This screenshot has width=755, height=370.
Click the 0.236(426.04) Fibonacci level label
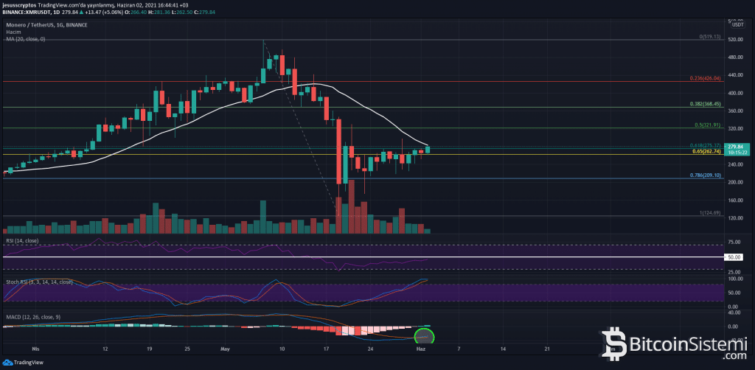click(x=704, y=78)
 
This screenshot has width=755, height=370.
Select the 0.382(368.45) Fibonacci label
click(x=704, y=104)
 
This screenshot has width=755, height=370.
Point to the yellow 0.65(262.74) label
click(x=705, y=151)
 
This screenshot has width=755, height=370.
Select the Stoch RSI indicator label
click(x=38, y=282)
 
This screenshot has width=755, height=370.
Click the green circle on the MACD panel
click(x=424, y=336)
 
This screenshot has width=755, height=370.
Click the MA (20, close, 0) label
click(x=24, y=38)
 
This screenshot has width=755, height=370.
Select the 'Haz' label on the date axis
click(x=417, y=346)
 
